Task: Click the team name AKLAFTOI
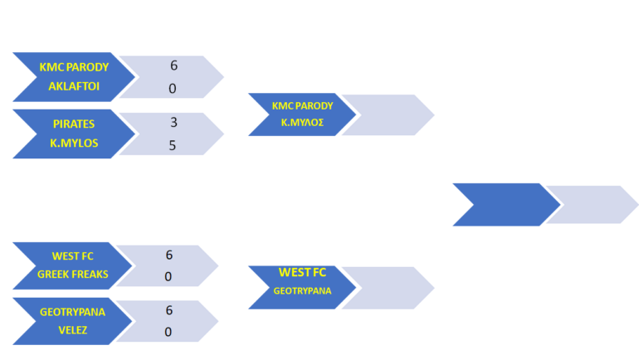pos(74,86)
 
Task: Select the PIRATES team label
pos(74,123)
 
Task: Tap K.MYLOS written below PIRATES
pos(74,143)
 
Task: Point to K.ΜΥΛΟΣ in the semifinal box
pos(302,123)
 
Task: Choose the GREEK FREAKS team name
pos(74,274)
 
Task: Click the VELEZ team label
pos(74,329)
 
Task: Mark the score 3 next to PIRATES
pos(173,123)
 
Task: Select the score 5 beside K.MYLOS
pos(173,145)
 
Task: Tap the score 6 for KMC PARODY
pos(173,66)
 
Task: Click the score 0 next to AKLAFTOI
pos(173,88)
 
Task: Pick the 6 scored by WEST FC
pos(168,255)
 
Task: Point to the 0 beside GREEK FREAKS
pos(168,276)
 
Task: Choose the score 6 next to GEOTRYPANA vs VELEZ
pos(168,310)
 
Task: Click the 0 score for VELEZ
pos(168,332)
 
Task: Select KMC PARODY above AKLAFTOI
pos(74,66)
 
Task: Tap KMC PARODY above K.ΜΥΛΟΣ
pos(302,105)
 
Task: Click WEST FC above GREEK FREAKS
pos(74,255)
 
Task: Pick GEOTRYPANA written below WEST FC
pos(302,291)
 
